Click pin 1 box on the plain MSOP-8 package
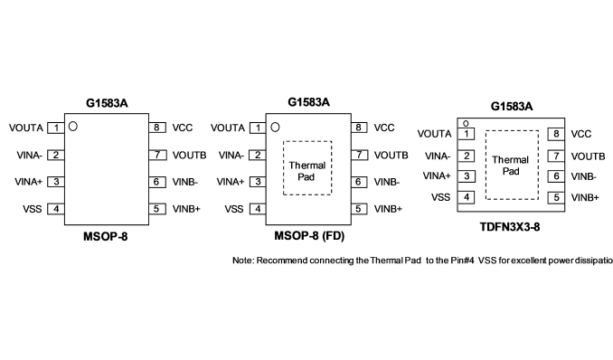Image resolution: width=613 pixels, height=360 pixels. pos(56,128)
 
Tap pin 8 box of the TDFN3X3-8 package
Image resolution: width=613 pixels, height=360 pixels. pos(556,134)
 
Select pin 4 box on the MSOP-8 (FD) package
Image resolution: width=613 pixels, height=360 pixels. pos(258,209)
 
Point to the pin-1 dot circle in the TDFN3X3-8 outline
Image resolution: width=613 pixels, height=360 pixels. pos(466,124)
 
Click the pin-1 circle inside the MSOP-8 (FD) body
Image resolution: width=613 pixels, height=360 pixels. pos(275,128)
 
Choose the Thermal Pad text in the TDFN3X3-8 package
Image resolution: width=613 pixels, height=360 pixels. pos(511,166)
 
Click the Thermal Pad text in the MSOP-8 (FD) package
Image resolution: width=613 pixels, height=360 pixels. pos(306,171)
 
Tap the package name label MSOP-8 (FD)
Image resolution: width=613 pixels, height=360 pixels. pos(309,236)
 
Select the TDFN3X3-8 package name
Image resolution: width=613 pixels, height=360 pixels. pos(510,227)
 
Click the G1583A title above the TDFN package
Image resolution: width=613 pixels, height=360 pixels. pos(512,107)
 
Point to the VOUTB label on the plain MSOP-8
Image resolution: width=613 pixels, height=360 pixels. pos(189,156)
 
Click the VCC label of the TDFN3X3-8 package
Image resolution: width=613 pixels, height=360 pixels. pos(581,134)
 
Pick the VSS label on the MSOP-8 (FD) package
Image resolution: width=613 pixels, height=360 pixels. pos(234,209)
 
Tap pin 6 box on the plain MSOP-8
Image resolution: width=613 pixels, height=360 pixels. pos(156,182)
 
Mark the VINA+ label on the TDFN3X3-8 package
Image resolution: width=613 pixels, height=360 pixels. pos(437,176)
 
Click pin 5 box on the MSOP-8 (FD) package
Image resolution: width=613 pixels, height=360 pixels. pos(359,209)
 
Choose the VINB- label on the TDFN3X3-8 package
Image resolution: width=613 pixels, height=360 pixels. pos(583,176)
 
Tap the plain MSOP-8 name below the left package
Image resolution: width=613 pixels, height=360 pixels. pos(106,237)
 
